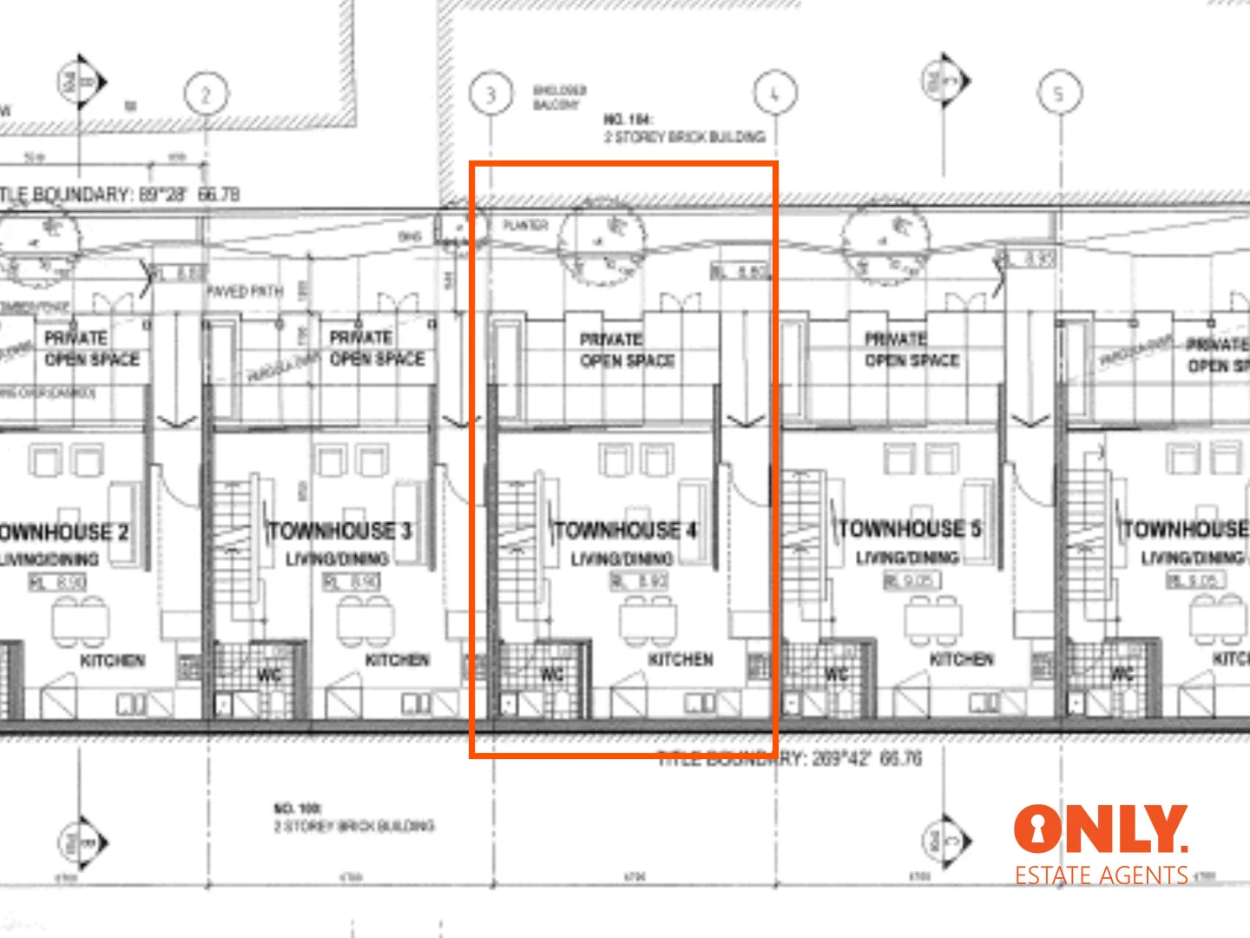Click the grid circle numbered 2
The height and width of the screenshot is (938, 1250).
tap(206, 94)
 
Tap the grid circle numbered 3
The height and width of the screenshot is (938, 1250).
tap(490, 94)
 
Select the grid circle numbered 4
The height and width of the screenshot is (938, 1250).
tap(775, 93)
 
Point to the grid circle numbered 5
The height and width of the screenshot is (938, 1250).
tap(1059, 93)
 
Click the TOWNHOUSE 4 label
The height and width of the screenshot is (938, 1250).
tap(625, 530)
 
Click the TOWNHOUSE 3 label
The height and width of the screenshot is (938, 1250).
tap(339, 531)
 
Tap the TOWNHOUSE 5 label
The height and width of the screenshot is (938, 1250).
tap(910, 529)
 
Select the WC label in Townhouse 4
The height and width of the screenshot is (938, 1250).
tap(552, 675)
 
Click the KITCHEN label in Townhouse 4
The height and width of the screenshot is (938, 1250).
tap(681, 660)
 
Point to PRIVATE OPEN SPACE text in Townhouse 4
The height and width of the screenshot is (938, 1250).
tap(627, 349)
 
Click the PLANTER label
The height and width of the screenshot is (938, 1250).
tap(525, 226)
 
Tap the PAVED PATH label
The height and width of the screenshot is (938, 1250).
tap(246, 291)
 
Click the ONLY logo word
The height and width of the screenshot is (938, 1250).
tap(1100, 829)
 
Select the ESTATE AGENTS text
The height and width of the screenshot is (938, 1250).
tap(1102, 875)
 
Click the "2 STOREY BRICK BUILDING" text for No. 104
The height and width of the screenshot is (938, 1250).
tap(684, 137)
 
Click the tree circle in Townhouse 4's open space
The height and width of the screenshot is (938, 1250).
tap(602, 241)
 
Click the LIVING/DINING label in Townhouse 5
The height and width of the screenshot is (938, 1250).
tap(908, 557)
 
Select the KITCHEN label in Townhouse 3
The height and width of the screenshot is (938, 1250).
tap(397, 660)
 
